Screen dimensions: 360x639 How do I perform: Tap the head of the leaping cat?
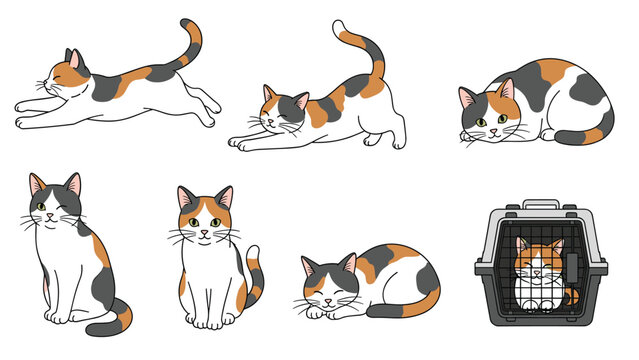63,76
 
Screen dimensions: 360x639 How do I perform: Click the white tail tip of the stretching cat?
340,26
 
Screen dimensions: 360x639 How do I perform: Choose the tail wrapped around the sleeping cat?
400,310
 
